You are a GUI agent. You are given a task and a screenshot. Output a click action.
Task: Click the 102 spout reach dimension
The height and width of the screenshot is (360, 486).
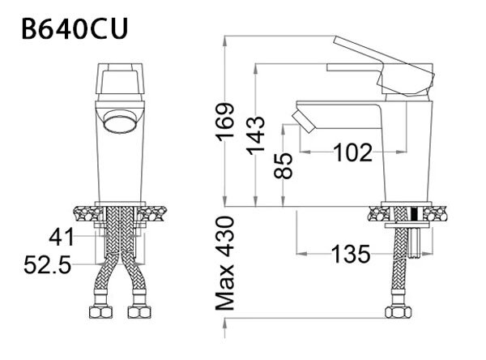point(352,152)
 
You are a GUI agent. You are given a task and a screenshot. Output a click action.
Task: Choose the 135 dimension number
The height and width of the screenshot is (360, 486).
point(352,254)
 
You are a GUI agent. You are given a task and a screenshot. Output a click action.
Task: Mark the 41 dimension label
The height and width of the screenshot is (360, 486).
point(60,238)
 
